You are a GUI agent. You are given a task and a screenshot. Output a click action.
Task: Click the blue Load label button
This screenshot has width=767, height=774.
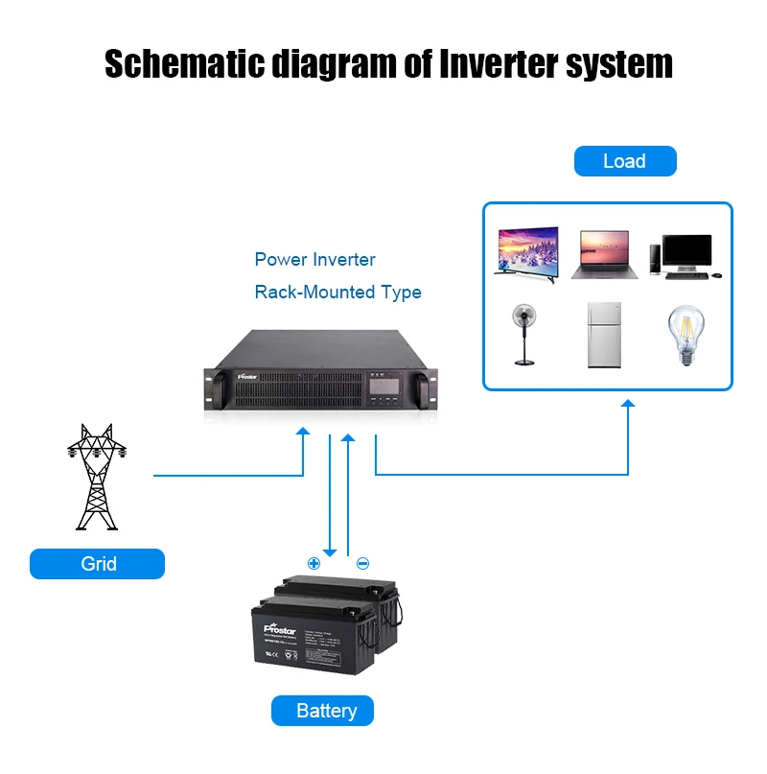[x=625, y=161]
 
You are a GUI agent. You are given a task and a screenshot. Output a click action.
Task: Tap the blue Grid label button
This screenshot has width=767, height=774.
[x=97, y=564]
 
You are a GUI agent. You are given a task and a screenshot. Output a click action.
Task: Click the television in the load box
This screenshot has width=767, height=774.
[x=525, y=253]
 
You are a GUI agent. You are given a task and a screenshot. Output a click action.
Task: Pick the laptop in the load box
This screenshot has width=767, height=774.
[x=600, y=255]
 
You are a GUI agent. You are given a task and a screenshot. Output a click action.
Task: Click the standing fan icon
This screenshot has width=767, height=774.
[x=524, y=334]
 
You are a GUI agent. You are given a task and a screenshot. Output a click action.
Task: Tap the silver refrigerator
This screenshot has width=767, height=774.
[x=604, y=335]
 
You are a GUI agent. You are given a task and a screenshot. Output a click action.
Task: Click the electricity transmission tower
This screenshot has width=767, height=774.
[x=96, y=477]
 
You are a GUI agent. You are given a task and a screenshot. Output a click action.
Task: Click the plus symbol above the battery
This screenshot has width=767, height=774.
[x=314, y=563]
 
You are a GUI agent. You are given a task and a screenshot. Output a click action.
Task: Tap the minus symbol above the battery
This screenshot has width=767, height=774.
[x=362, y=563]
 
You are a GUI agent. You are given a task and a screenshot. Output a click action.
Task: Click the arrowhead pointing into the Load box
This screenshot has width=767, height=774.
[x=628, y=406]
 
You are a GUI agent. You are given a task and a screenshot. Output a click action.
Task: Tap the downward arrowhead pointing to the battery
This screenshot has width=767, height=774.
[x=330, y=551]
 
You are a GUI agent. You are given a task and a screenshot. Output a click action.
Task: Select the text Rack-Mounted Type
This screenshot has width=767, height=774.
[x=337, y=292]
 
